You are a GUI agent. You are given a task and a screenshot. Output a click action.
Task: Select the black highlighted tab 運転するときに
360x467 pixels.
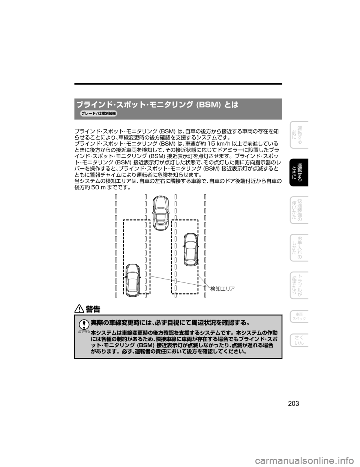point(299,172)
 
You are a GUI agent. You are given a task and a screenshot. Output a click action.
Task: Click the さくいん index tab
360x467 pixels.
point(299,341)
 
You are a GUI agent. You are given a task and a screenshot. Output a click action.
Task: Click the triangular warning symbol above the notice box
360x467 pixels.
point(79,309)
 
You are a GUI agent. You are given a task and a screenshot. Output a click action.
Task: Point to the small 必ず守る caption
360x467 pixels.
point(84,332)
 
